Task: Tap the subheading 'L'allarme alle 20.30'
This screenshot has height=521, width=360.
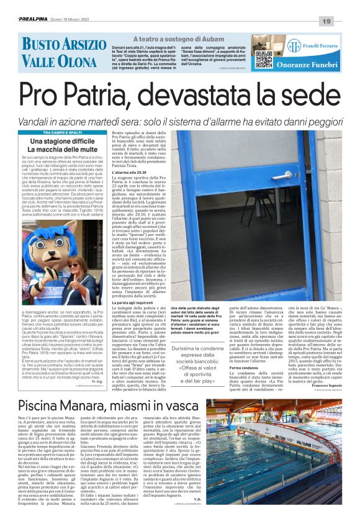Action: (x=130, y=171)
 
